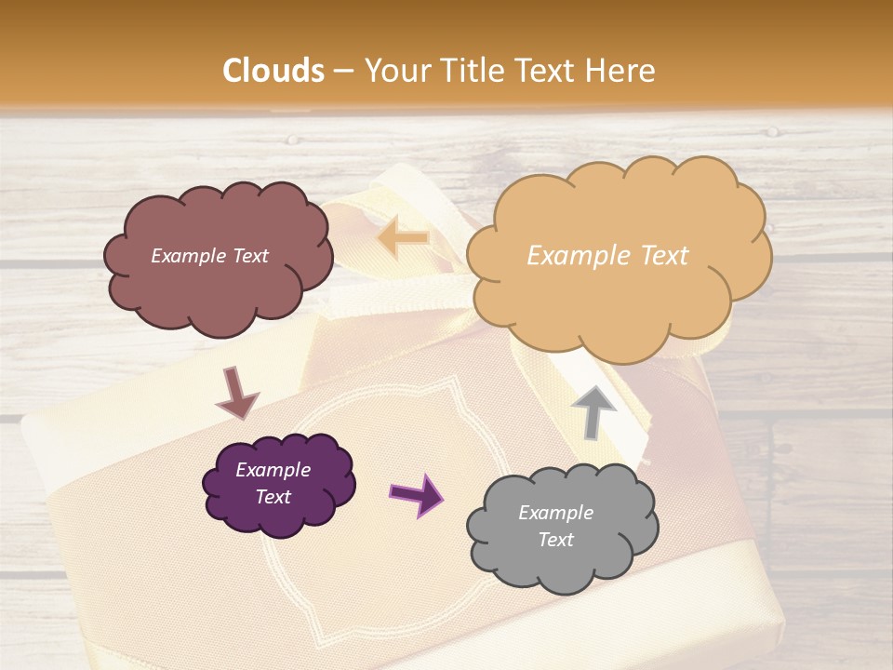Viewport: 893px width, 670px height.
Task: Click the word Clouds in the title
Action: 273,71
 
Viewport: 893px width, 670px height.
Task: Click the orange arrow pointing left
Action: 404,239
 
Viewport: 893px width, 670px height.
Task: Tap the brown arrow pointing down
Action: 236,392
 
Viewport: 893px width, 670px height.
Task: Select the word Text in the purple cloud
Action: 273,497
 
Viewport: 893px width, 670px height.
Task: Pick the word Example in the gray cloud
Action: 555,513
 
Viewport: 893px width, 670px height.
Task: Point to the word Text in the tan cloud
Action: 664,256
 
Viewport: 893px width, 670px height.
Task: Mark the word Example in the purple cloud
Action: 273,470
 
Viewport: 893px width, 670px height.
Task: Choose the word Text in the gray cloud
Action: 555,540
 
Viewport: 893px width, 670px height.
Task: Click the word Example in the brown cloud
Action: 188,256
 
